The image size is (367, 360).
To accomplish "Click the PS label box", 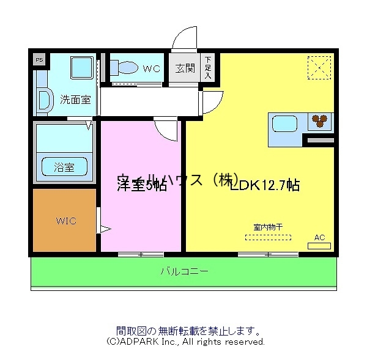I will (x=39, y=60).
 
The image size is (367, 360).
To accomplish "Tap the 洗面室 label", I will (x=76, y=100).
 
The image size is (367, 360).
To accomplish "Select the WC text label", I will (x=152, y=69).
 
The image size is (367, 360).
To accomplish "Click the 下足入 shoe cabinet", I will (x=208, y=67).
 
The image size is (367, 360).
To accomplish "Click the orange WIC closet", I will (x=65, y=220).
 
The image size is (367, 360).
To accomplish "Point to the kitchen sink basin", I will (x=284, y=123).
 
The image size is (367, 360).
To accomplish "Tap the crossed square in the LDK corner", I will (x=319, y=67).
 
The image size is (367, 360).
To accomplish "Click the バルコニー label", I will (x=184, y=271).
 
